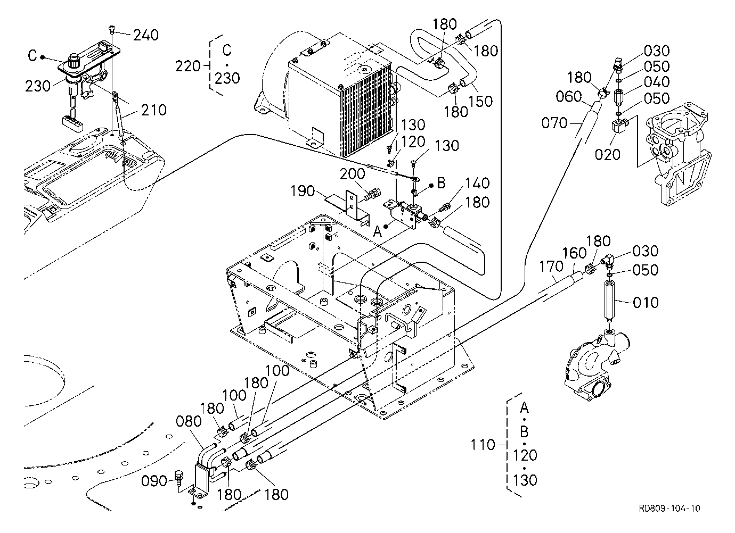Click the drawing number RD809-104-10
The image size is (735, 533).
click(669, 508)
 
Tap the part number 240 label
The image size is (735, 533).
click(146, 35)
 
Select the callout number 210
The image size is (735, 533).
click(154, 110)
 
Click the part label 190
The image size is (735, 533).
click(303, 191)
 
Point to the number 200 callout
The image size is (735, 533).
click(352, 174)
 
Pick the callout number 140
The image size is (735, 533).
click(477, 183)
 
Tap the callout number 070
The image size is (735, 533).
click(554, 123)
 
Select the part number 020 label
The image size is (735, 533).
click(608, 154)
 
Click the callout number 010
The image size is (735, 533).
click(646, 303)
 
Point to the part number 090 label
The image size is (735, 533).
click(154, 481)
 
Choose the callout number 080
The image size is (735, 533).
click(189, 421)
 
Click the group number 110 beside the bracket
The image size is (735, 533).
click(483, 445)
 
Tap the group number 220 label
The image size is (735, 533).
click(187, 66)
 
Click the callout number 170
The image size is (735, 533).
click(551, 266)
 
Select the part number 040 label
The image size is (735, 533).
click(657, 82)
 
